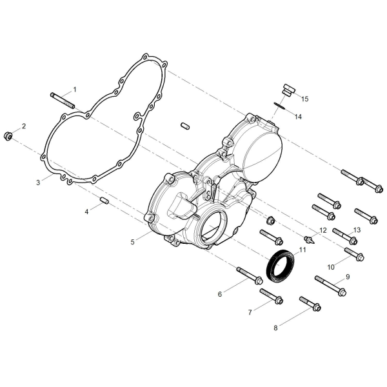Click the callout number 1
tap(75, 90)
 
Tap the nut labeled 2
tap(8, 136)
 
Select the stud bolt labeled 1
tap(62, 101)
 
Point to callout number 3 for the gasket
tap(38, 183)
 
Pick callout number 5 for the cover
tap(132, 242)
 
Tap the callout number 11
tap(303, 250)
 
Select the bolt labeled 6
tap(249, 275)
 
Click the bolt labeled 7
tap(272, 296)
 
